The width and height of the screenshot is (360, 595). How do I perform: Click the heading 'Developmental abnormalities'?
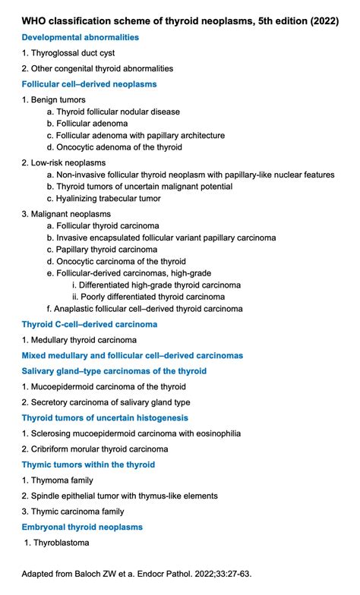(81, 37)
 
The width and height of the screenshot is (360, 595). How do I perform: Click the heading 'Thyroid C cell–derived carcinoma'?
(90, 324)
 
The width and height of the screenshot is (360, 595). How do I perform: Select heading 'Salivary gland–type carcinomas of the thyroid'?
(114, 371)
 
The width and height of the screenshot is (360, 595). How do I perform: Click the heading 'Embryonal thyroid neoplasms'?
(82, 527)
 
